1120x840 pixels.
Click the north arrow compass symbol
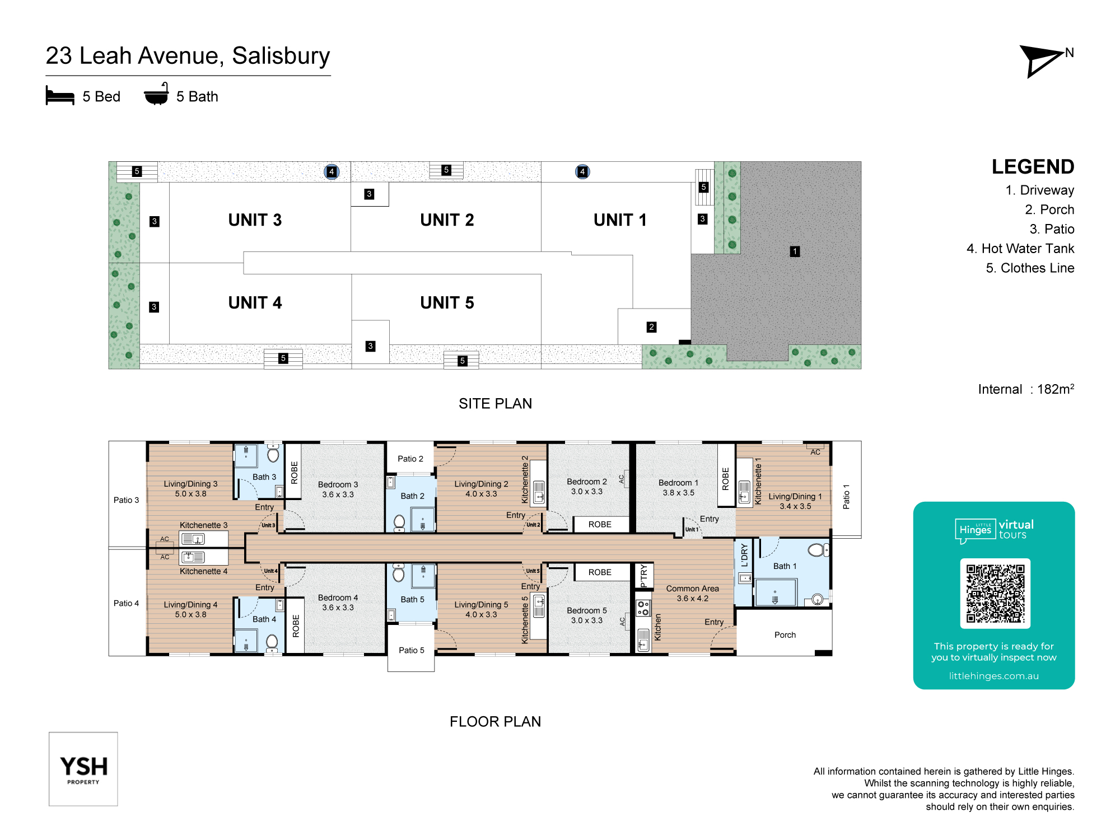coord(1040,60)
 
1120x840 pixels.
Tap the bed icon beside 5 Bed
coord(60,96)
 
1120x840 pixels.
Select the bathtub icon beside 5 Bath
coord(156,94)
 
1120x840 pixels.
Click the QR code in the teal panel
coord(995,594)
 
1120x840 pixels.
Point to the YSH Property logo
coord(83,769)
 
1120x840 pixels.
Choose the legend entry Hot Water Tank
coord(1020,249)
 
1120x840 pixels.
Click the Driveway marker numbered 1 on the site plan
coord(795,251)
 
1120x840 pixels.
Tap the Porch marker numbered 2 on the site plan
coord(651,327)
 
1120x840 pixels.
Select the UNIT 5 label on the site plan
coord(447,303)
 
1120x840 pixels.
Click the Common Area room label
coord(692,589)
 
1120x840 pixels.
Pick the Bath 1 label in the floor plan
coord(785,566)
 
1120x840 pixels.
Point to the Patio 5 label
coord(412,650)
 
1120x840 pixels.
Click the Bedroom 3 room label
coord(338,484)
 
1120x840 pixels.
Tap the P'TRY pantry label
coord(643,576)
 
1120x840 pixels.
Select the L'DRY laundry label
coord(744,556)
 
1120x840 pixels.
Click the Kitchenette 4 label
coord(203,571)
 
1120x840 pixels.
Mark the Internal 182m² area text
coord(1026,389)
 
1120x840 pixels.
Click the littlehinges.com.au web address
coord(993,676)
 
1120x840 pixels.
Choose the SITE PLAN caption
coord(495,404)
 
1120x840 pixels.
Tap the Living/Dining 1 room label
coord(795,497)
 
